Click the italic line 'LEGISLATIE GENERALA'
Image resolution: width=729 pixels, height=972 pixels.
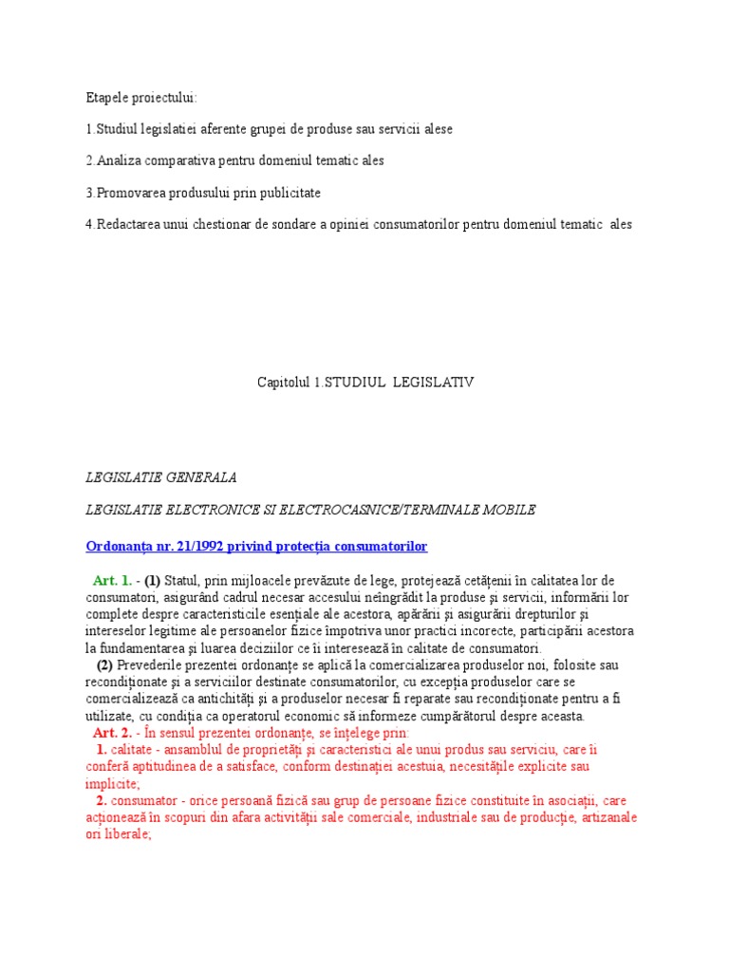[x=160, y=477]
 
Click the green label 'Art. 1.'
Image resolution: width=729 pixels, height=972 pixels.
[x=112, y=581]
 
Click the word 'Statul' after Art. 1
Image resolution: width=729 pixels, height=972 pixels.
[x=184, y=581]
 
